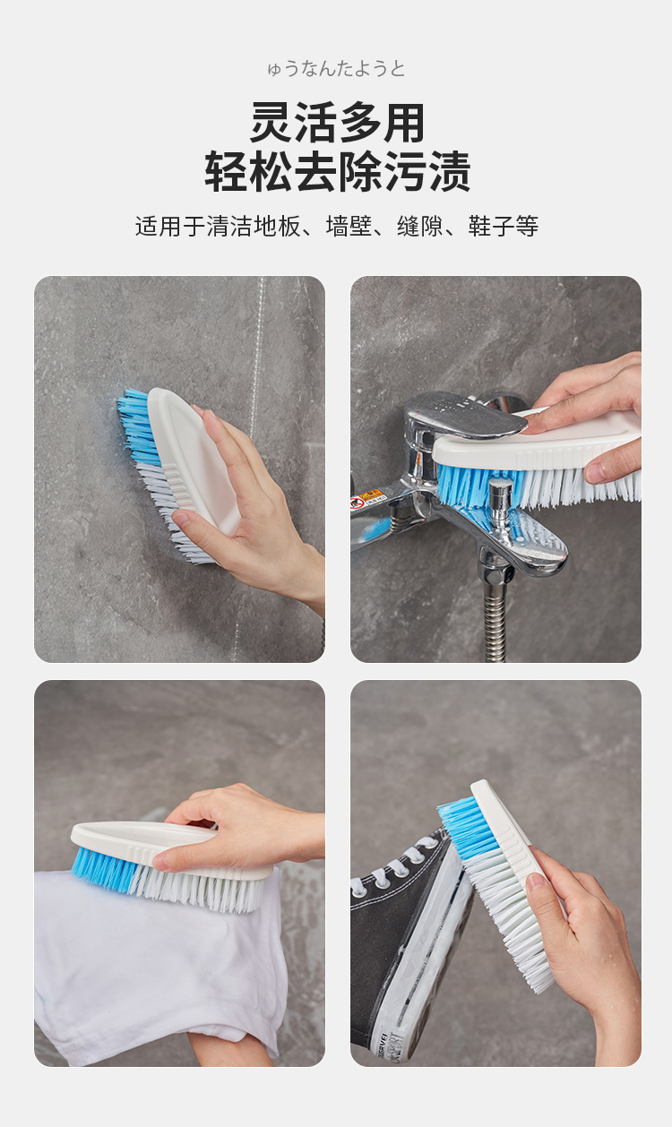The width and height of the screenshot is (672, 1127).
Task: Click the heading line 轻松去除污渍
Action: pos(337,172)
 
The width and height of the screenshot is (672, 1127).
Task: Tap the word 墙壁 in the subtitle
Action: pos(349,226)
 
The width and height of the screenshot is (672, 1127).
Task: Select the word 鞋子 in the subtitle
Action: pos(491,226)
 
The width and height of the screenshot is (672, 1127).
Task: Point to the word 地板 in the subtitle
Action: pos(277,226)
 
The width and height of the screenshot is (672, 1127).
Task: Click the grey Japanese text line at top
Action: pos(336,68)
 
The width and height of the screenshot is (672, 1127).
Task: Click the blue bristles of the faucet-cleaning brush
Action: pos(478,484)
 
